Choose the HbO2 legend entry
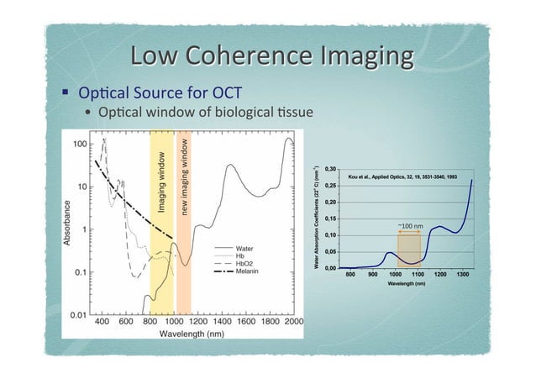point(246,264)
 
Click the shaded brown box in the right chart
point(408,250)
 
